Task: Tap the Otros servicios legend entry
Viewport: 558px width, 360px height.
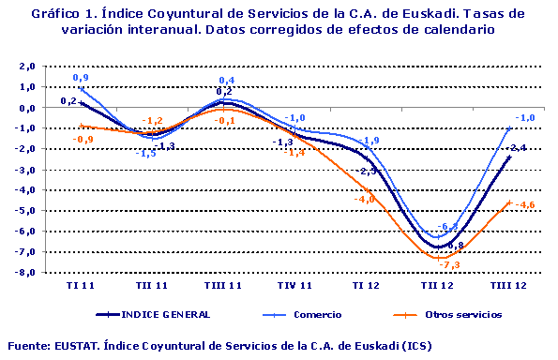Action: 462,314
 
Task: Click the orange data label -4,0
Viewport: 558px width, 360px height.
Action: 364,199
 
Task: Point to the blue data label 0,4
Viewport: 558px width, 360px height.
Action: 226,81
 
